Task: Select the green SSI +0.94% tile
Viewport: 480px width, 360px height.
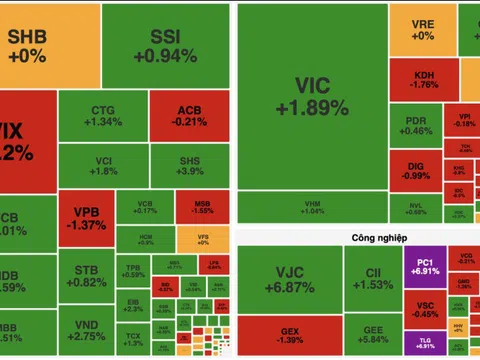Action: [164, 45]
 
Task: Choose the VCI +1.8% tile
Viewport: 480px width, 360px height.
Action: [104, 164]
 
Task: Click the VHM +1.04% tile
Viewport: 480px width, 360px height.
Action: [312, 208]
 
